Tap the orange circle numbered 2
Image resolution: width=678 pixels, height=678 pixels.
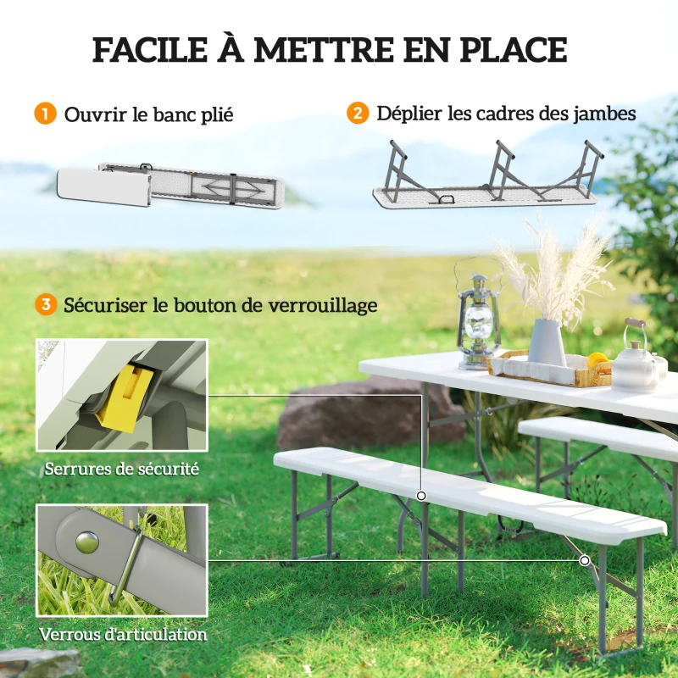click(x=358, y=114)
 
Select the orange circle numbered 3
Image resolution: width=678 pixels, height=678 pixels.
click(x=45, y=305)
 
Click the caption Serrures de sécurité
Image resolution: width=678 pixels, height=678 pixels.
click(x=122, y=468)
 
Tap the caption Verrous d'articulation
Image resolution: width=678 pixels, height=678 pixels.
click(x=122, y=634)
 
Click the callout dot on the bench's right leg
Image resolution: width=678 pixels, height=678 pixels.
click(x=585, y=561)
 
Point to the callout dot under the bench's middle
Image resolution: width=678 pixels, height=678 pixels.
click(x=420, y=495)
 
